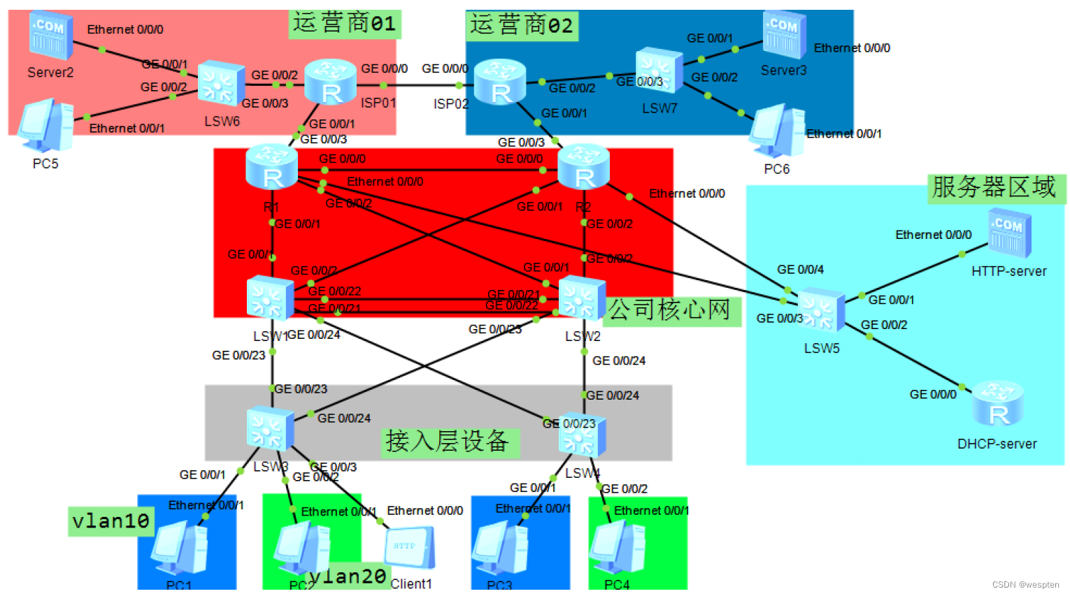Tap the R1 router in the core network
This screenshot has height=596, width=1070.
click(x=272, y=167)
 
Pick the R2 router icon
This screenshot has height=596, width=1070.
click(x=584, y=167)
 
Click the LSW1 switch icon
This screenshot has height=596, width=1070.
click(x=270, y=298)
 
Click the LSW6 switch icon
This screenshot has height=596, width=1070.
click(x=221, y=84)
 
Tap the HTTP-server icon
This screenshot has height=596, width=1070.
click(x=1009, y=233)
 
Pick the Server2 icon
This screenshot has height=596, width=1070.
click(x=50, y=35)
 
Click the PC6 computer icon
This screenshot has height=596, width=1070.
click(x=776, y=131)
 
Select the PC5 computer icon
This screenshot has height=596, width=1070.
click(x=45, y=126)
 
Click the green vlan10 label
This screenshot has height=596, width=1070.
click(x=111, y=521)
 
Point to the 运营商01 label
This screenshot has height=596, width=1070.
click(x=345, y=24)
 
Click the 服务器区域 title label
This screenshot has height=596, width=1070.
click(x=995, y=188)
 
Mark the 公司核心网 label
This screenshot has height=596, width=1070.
click(x=669, y=310)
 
